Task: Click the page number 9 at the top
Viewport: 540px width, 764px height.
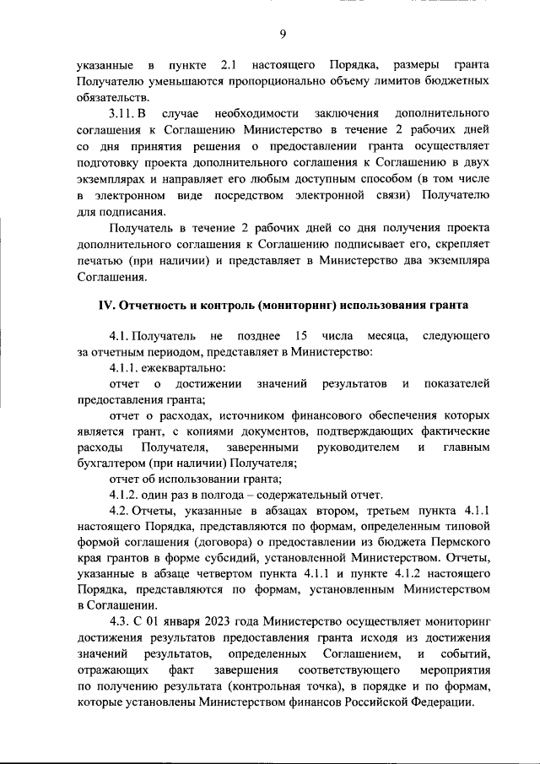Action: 283,34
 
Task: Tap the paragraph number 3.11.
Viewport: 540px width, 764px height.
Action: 123,112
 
